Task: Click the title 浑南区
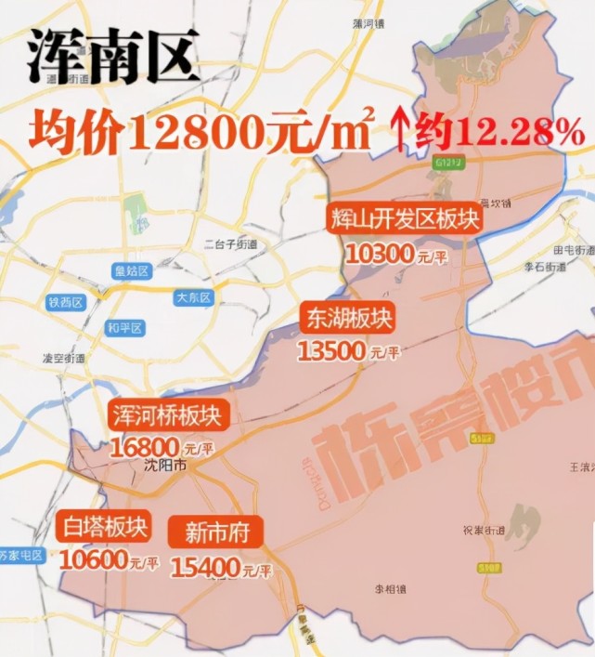(x=113, y=58)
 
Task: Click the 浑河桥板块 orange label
(x=164, y=414)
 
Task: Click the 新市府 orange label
(x=215, y=532)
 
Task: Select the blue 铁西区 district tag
(x=66, y=303)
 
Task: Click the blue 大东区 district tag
(x=194, y=297)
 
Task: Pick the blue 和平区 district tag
(x=123, y=328)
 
